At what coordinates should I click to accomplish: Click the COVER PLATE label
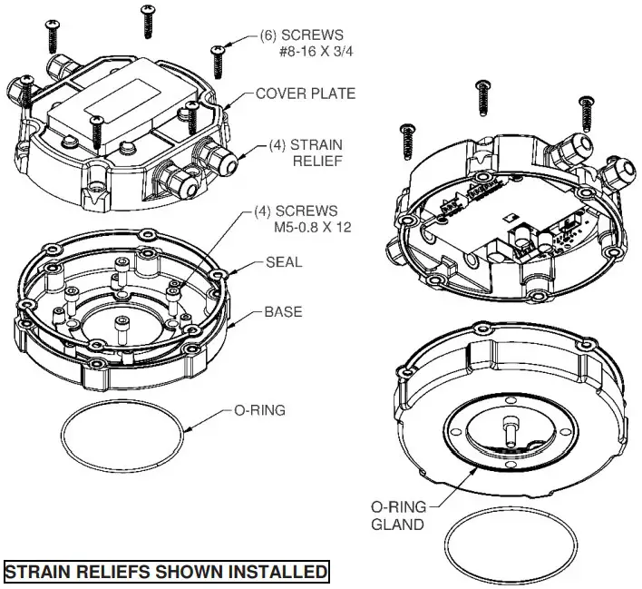pos(305,93)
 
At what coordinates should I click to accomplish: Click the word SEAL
pos(284,262)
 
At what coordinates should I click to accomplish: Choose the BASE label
pos(283,312)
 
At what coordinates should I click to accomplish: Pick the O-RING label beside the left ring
pos(259,410)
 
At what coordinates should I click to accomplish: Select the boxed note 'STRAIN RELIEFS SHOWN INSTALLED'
pos(165,573)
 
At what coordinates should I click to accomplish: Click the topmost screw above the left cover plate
pos(147,21)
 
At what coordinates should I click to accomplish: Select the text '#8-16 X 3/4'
pos(316,53)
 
